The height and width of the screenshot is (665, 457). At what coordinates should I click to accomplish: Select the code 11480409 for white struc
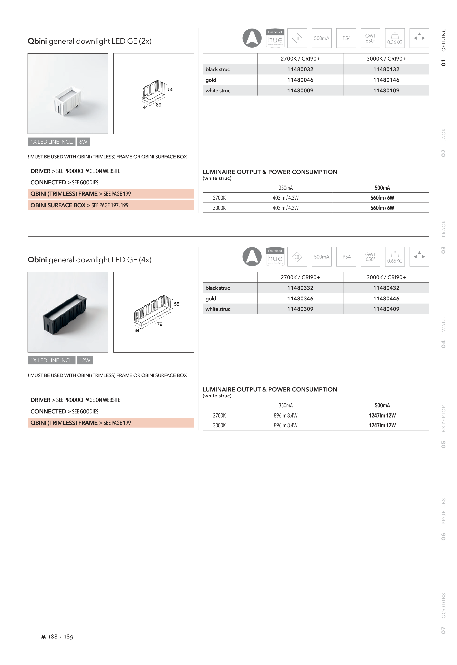point(386,309)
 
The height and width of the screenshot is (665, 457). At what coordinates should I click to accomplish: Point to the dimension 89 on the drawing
point(159,105)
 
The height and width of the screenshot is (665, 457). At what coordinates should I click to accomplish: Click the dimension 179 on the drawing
point(158,324)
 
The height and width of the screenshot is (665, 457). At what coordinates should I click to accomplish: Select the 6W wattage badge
point(83,142)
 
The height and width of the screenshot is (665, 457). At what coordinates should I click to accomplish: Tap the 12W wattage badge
point(85,360)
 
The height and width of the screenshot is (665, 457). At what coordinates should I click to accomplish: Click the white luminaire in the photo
point(68,102)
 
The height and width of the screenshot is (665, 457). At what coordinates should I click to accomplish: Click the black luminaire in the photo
point(64,314)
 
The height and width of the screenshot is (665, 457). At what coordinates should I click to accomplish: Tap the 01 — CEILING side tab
point(443,47)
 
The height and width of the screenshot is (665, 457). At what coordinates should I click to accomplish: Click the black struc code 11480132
point(386,69)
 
